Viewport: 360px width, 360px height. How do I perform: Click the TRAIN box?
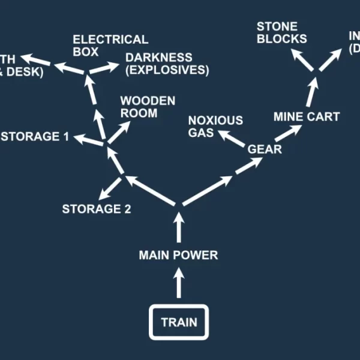(178, 322)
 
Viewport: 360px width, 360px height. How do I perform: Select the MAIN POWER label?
(178, 255)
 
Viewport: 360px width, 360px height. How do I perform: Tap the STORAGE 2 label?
(97, 209)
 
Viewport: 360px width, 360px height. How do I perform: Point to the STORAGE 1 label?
(35, 137)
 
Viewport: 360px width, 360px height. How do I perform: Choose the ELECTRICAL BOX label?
(110, 45)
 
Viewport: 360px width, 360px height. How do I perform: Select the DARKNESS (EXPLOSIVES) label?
(167, 64)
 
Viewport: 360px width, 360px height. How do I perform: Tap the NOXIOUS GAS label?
(215, 126)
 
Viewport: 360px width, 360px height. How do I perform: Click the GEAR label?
(265, 149)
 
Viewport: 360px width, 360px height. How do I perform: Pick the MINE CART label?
(307, 116)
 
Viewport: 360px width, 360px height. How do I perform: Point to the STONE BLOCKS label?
(281, 32)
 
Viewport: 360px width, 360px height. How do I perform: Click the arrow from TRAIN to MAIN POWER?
(178, 284)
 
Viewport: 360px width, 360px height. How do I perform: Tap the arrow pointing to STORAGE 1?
(87, 140)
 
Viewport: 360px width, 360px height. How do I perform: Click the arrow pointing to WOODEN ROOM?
(119, 131)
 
